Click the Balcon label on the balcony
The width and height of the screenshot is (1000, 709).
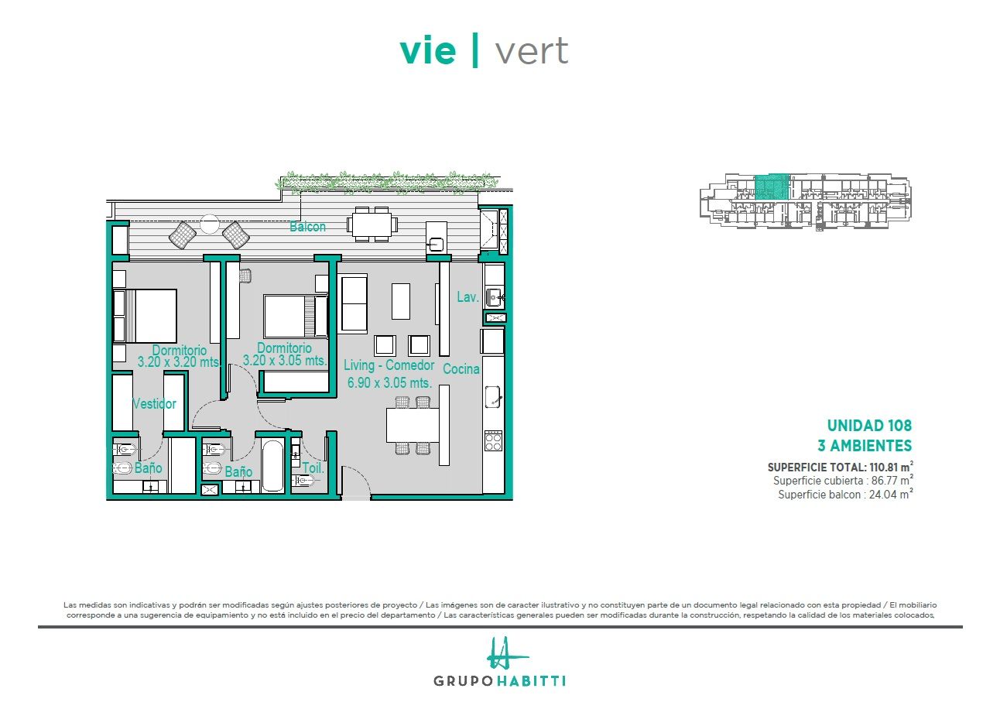tap(307, 227)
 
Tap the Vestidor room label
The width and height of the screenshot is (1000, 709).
tap(155, 403)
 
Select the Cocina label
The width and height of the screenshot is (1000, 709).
tap(461, 368)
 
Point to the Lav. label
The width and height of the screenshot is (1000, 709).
tap(467, 297)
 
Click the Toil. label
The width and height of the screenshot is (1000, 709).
tap(313, 468)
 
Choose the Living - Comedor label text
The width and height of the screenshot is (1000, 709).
tap(389, 365)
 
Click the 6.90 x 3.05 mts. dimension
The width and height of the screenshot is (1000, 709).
tap(390, 382)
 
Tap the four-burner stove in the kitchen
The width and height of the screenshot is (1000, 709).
tap(493, 441)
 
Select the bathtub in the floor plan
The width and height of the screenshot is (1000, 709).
tap(272, 466)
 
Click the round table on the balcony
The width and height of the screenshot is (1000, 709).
tap(209, 224)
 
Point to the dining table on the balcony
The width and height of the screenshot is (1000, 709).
tap(372, 224)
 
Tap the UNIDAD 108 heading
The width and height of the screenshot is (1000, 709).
tap(869, 426)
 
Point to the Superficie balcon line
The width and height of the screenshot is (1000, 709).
tap(845, 495)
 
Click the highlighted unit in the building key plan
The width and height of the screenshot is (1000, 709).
tap(772, 187)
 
